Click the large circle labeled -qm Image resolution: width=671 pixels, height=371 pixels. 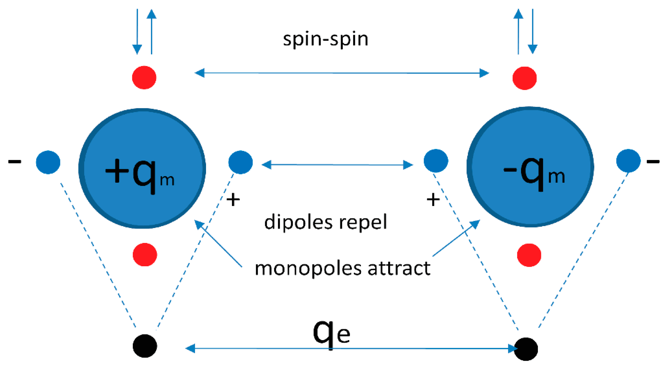pos(530,167)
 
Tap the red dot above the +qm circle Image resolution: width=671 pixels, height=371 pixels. pos(144,77)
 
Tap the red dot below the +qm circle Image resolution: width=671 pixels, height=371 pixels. pos(145,254)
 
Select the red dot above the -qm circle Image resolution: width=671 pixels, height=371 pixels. pos(524,78)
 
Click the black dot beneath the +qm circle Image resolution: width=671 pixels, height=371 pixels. pos(145,346)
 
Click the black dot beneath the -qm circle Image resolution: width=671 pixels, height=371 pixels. pos(526,349)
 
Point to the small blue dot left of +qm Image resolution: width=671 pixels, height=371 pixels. pos(48,162)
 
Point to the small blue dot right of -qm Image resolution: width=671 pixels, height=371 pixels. pos(628,161)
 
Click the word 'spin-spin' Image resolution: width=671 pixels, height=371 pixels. pos(326,40)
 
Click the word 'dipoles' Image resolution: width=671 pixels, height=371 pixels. pos(298,222)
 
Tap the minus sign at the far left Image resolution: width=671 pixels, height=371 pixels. pos(14,162)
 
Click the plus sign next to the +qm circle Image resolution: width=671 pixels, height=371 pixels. pos(233,200)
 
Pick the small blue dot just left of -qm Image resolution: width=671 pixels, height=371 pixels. pos(436,161)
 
